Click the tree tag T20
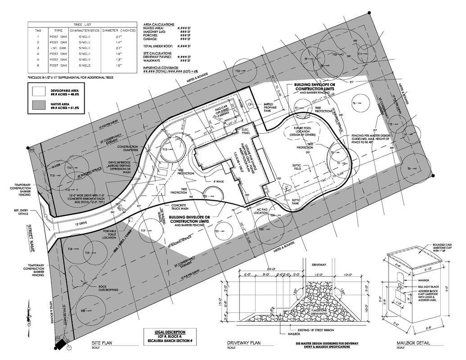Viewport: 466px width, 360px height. click(x=83, y=311)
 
